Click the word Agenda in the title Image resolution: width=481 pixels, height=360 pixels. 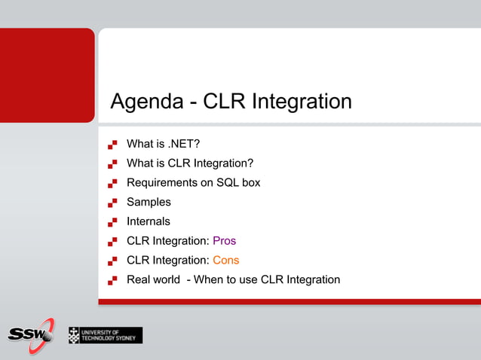[146, 102]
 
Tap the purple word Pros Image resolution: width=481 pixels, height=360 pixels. [224, 241]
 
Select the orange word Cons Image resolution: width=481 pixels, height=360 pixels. [225, 261]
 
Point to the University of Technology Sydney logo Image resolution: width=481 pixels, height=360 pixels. [105, 334]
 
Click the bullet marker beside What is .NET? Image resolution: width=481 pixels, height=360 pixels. [112, 143]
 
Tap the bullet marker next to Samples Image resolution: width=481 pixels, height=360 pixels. [112, 202]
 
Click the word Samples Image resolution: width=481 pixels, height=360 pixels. [149, 202]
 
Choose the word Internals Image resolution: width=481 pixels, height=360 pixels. [149, 221]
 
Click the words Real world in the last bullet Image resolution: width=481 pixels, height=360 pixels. [154, 280]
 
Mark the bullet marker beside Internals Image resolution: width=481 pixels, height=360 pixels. [112, 221]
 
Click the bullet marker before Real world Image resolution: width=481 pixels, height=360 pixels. [112, 280]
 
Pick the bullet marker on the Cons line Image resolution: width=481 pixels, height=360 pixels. [112, 261]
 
